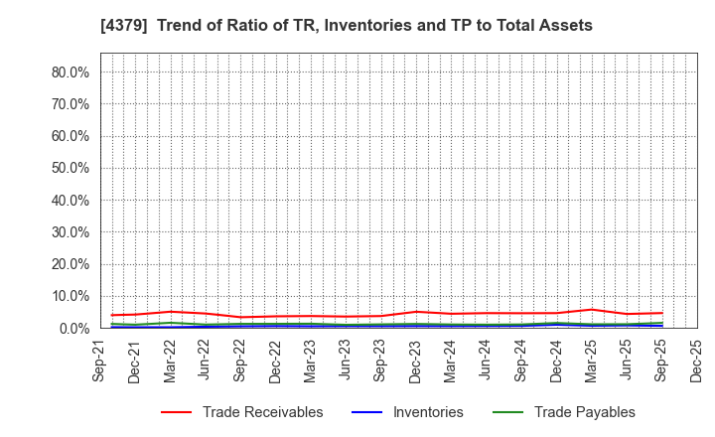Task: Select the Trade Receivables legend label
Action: point(262,412)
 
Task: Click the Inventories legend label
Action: point(426,412)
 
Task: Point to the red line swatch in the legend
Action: point(176,412)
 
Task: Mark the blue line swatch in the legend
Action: point(364,412)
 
